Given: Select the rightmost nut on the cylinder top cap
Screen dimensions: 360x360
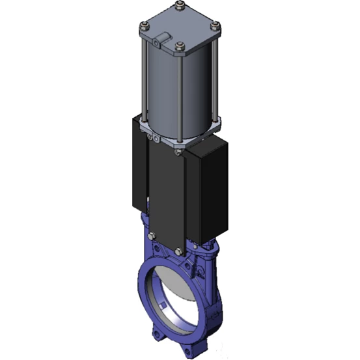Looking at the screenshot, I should coord(217,27).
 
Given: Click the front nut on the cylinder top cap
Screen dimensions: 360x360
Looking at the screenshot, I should coord(180,46).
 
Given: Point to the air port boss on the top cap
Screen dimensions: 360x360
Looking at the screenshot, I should coord(159,42).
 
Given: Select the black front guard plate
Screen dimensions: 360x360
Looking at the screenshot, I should coord(166,195).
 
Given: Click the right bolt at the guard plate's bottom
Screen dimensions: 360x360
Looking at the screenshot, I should coord(178,250).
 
